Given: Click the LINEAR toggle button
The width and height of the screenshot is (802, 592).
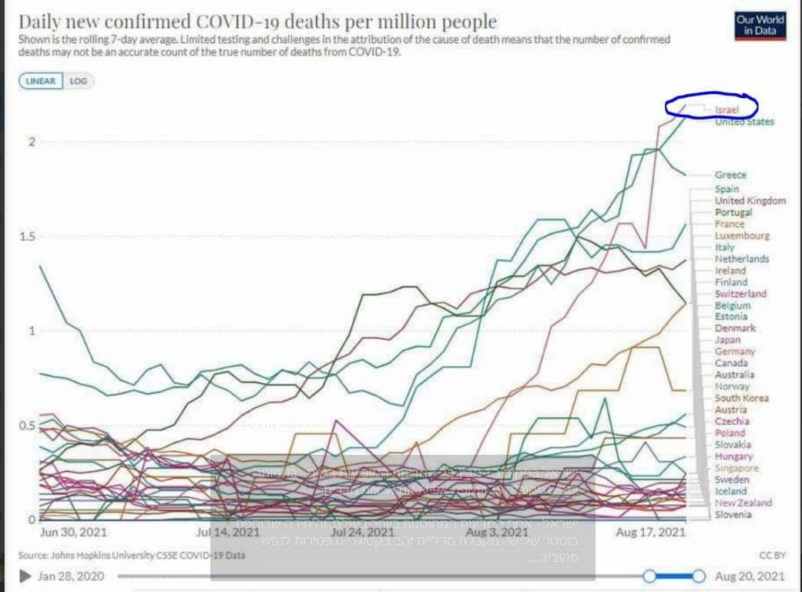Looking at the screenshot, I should (x=41, y=81).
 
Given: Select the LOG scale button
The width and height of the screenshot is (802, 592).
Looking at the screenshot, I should (x=79, y=81).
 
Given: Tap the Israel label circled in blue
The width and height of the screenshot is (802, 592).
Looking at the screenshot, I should (x=726, y=110).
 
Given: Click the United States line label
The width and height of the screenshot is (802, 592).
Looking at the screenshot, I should (x=744, y=122).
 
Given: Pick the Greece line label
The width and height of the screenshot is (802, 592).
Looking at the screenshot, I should (x=730, y=175).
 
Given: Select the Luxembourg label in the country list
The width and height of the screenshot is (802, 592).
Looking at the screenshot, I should (x=741, y=236).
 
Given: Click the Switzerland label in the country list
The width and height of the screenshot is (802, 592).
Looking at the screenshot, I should (x=740, y=294).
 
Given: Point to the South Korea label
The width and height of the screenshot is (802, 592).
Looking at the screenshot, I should (x=741, y=398).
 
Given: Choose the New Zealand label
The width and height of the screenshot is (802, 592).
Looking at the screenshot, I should (x=743, y=503).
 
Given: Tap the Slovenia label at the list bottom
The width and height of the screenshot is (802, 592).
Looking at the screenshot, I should (x=733, y=514).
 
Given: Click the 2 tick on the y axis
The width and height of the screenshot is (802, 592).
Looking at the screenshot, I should (x=31, y=142).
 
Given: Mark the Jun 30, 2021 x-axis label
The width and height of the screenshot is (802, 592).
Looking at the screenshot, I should (x=72, y=532).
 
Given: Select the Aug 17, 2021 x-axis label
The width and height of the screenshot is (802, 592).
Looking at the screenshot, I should (x=651, y=532).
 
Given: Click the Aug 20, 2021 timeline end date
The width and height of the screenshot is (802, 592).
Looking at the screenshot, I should (x=750, y=576).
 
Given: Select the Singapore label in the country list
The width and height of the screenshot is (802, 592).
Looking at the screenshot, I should (x=737, y=468).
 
